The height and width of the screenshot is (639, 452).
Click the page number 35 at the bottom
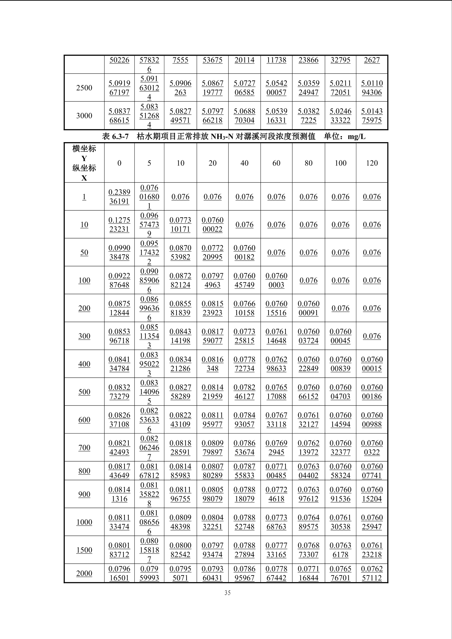click(x=227, y=593)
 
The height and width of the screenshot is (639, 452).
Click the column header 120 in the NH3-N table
click(x=372, y=163)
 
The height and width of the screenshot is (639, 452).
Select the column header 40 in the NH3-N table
click(x=244, y=163)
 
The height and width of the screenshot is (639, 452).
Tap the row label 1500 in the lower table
click(x=84, y=550)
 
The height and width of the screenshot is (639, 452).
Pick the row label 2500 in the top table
click(x=84, y=88)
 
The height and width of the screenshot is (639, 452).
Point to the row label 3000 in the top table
click(x=84, y=116)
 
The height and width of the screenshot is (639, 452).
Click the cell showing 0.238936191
click(x=119, y=196)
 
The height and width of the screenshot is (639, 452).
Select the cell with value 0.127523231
click(x=119, y=224)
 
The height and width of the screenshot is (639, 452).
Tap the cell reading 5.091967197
click(x=119, y=88)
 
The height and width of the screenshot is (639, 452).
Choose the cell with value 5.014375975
click(x=372, y=116)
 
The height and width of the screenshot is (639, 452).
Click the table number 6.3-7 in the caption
click(x=121, y=137)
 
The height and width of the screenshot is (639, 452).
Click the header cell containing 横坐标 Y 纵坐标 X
click(x=84, y=163)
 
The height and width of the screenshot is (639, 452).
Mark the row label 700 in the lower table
click(x=84, y=447)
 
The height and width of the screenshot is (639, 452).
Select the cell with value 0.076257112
click(x=372, y=573)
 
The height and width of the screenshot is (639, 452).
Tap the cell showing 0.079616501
click(x=119, y=573)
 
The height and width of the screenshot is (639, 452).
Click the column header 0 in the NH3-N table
click(x=119, y=163)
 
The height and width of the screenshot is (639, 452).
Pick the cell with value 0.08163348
click(x=212, y=364)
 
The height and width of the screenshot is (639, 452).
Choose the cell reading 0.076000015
click(x=372, y=364)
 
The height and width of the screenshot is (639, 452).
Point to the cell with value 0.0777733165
click(x=276, y=550)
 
